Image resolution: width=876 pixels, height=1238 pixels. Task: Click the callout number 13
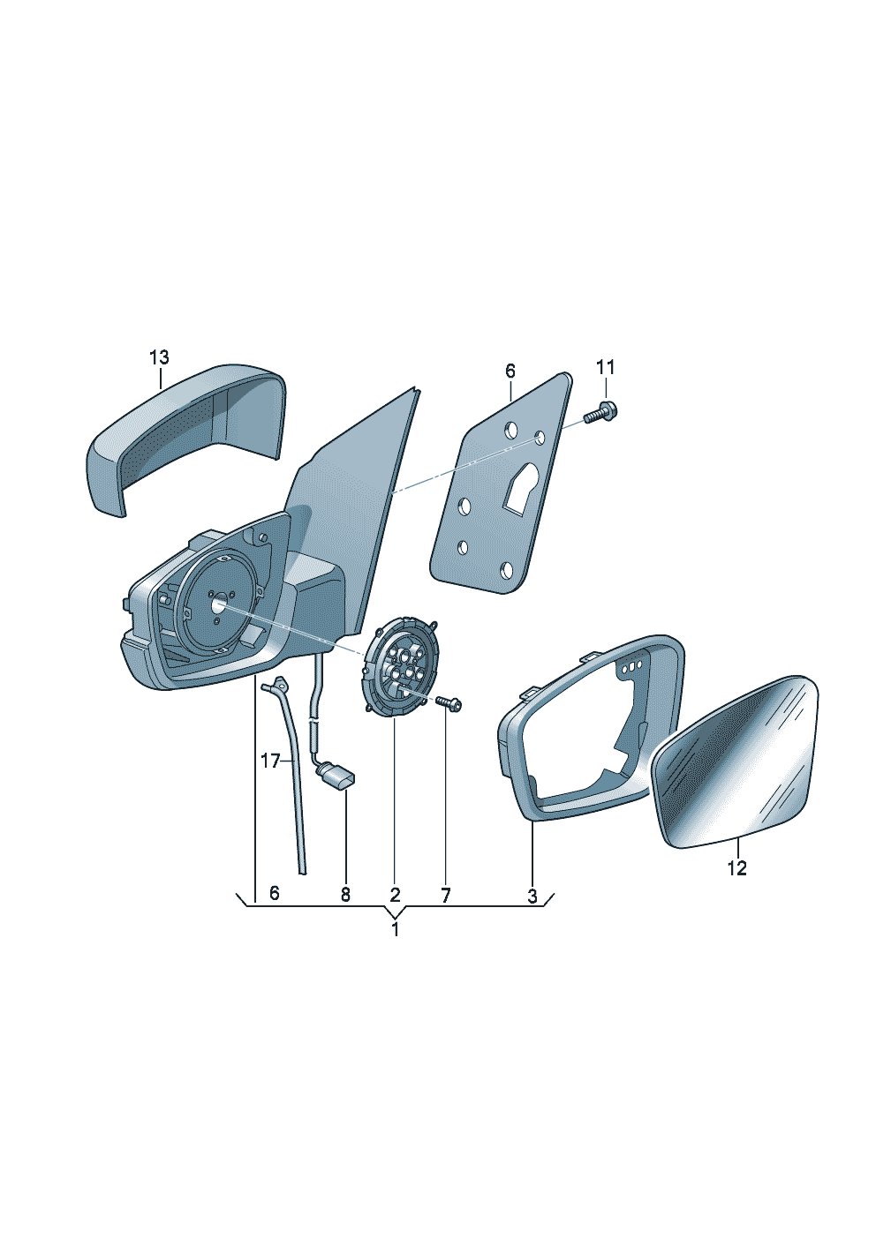[x=159, y=357]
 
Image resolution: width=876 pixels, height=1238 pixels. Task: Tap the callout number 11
[x=605, y=367]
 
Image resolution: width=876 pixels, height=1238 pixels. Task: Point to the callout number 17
[x=270, y=761]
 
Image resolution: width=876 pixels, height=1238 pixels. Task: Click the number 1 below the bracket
[x=395, y=929]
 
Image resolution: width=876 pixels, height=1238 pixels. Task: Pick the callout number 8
[x=345, y=895]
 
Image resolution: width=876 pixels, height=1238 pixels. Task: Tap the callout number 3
[x=532, y=897]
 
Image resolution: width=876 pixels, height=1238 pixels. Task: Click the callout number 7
[x=445, y=895]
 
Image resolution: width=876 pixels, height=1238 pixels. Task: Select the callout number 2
[x=395, y=895]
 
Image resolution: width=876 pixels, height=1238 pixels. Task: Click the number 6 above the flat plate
[x=510, y=371]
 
